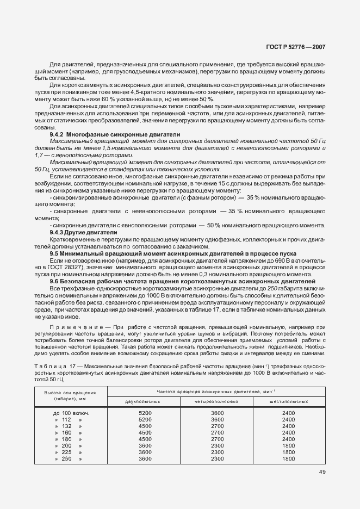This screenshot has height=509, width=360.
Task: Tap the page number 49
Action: coord(322,472)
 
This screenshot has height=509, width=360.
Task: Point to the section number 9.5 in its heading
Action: coord(55,253)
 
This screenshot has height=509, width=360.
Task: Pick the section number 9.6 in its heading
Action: coord(55,281)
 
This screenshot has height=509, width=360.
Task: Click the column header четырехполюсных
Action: coord(217,401)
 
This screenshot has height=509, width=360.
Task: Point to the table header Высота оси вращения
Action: coord(71,392)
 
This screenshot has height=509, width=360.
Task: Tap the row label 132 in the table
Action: coord(67,426)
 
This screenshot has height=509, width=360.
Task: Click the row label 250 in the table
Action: coord(67,458)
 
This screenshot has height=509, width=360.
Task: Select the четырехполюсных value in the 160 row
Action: coord(217,432)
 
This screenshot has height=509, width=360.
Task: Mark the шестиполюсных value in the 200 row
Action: coord(289,445)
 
